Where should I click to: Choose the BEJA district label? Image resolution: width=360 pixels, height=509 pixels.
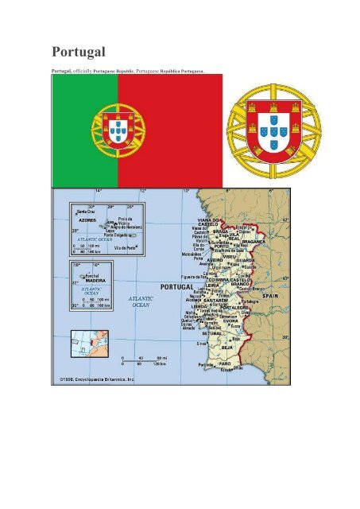click(226, 347)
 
